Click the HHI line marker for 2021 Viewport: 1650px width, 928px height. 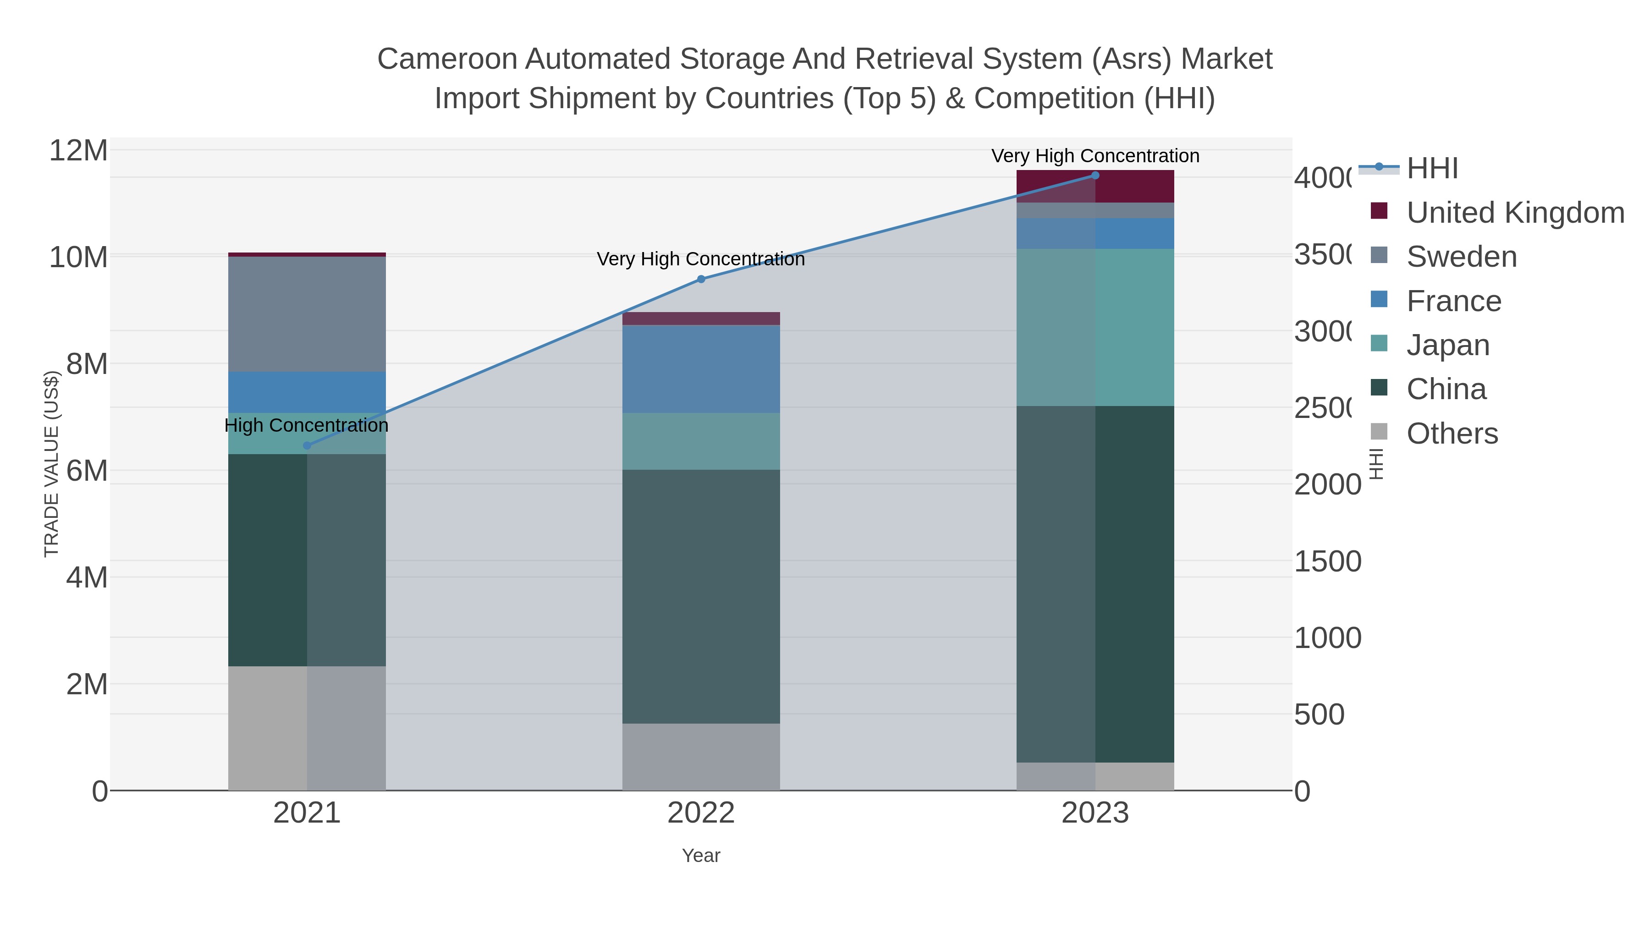[307, 445]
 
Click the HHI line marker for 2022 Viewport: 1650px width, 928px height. [701, 279]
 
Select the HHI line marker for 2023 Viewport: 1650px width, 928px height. [1094, 176]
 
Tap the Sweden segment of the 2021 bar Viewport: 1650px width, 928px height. [307, 314]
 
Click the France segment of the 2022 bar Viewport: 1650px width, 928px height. [701, 368]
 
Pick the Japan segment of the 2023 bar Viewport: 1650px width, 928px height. [1094, 327]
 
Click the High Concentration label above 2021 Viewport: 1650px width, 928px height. [306, 425]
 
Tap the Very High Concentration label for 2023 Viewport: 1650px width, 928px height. [1094, 156]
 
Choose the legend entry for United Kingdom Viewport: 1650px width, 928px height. [1514, 213]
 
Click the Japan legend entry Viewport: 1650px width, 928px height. [1447, 345]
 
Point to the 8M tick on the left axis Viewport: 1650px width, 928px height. [87, 364]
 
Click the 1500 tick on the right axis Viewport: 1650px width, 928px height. [1327, 561]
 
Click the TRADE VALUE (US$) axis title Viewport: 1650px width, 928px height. [51, 464]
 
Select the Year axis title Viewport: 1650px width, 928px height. [701, 856]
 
